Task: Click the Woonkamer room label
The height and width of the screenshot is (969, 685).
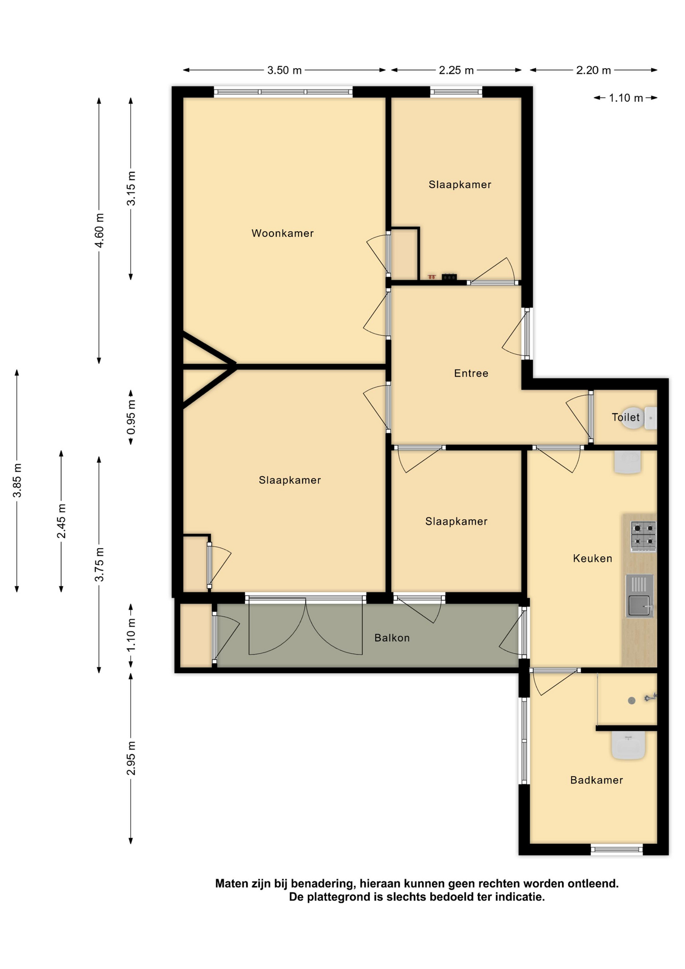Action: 282,233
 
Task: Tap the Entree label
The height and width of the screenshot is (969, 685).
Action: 471,373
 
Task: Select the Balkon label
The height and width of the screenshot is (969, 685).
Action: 392,638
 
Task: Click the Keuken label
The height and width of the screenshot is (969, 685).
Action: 593,558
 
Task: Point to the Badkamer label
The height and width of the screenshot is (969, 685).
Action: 597,780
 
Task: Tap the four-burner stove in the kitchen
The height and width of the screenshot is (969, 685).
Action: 643,535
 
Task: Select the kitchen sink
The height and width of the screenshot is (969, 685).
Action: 640,596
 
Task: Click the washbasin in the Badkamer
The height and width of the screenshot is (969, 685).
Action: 629,745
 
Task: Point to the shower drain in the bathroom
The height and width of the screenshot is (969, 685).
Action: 632,701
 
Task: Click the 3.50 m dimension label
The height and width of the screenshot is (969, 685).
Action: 284,70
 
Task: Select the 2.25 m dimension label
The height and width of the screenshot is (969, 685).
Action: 456,70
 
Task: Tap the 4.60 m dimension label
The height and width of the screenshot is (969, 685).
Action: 99,230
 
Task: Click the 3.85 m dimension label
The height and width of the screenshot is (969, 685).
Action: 17,480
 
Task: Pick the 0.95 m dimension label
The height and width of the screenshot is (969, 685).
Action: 131,417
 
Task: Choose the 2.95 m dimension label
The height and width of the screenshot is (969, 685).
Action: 131,758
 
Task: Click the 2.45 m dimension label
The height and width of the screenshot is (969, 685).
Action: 62,521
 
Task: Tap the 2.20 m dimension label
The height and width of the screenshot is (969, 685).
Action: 594,70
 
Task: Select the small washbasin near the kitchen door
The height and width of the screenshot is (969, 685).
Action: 627,462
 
